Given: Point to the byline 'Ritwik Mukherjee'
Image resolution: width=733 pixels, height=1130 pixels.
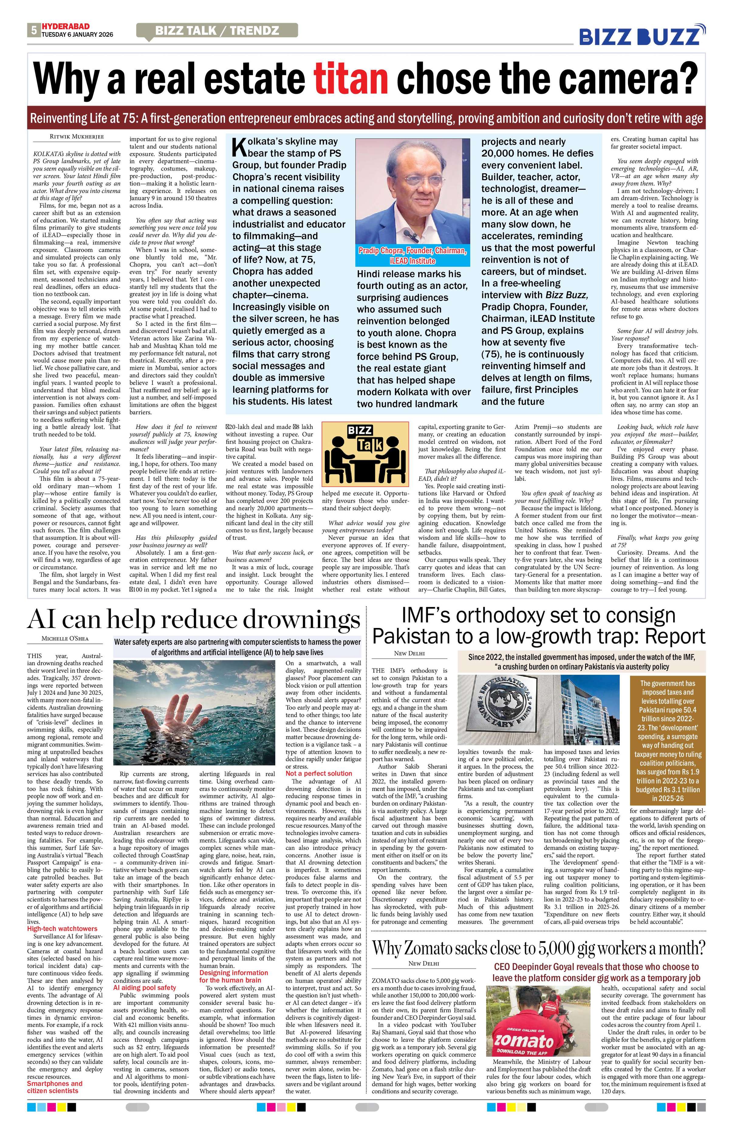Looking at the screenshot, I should pos(77,137).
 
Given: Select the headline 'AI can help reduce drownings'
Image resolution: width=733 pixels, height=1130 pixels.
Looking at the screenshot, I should pos(193,619).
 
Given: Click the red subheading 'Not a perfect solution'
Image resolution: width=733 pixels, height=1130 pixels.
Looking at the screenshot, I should pos(318,773).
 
